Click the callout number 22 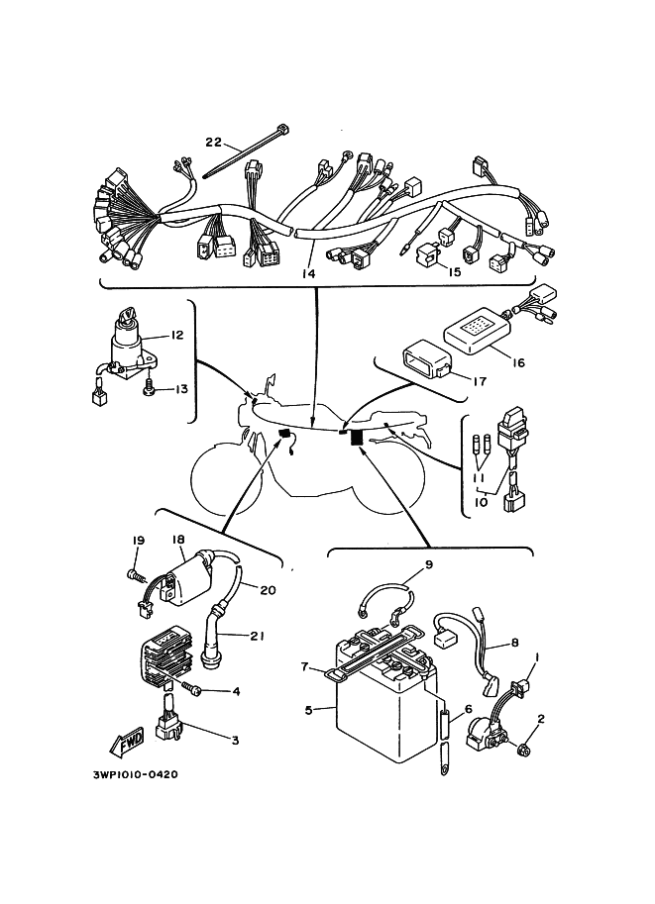point(213,142)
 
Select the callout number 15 point(454,271)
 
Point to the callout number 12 point(177,335)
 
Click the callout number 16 point(517,362)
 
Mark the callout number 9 point(429,565)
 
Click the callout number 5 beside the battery point(308,709)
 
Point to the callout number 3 point(235,739)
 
